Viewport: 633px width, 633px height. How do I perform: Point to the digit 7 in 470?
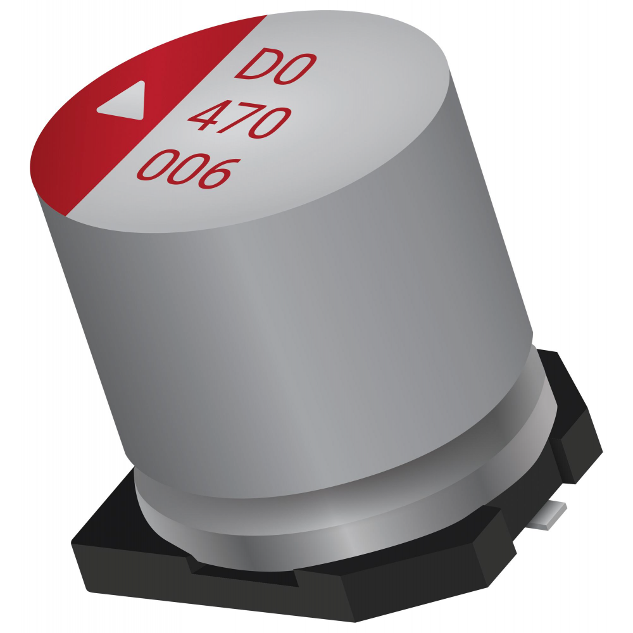[x=241, y=118]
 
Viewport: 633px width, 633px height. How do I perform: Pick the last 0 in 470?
[x=270, y=123]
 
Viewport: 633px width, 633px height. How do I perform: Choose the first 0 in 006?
[x=158, y=165]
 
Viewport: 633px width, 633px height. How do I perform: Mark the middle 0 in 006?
[x=189, y=169]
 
